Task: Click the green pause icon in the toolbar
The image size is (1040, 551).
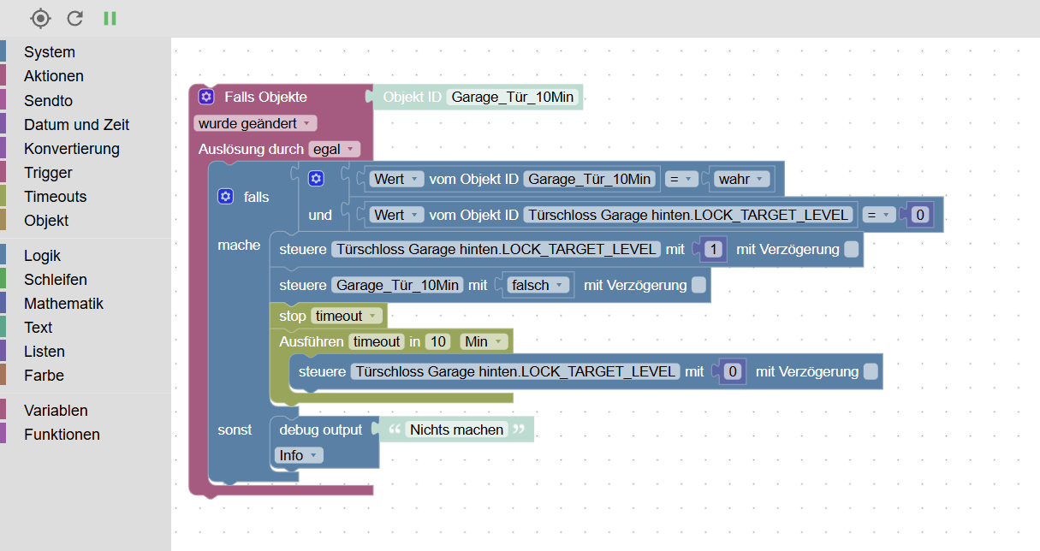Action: coord(110,18)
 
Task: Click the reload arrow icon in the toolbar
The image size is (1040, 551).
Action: coord(75,18)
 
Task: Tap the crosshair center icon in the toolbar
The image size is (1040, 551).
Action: coord(40,18)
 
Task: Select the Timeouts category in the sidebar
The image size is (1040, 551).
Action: coord(55,196)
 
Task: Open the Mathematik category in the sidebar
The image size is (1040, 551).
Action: coord(63,304)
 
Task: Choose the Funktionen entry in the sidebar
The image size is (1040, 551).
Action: coord(62,435)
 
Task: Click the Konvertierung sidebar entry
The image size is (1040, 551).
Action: coord(71,148)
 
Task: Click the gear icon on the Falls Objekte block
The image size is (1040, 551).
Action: coord(206,97)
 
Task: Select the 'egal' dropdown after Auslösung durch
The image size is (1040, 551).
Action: coord(335,149)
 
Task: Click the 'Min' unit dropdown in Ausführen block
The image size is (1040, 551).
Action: coord(484,341)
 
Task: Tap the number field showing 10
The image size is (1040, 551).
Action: coord(438,341)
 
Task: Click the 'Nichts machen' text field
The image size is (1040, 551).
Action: coord(456,430)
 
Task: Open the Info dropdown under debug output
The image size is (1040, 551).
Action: coord(299,455)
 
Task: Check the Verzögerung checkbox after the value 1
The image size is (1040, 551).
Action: coord(851,250)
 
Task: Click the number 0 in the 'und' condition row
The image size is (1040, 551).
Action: coord(920,215)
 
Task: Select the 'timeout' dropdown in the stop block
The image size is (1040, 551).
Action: coord(345,316)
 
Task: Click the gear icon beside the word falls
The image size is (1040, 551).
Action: coord(226,197)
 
